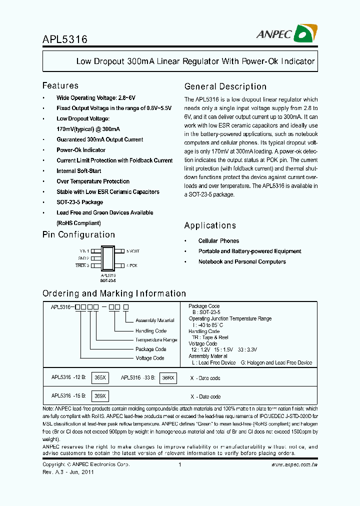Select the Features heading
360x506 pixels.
tap(60, 85)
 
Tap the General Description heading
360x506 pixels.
tap(225, 86)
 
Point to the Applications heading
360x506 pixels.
tap(210, 225)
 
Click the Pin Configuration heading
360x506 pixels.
tap(78, 234)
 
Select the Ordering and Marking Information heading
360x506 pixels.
tap(114, 293)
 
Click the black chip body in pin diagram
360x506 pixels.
tap(109, 258)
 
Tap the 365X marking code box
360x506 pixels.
tap(100, 378)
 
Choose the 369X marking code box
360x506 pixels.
tap(100, 396)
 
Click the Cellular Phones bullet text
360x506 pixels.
tap(218, 241)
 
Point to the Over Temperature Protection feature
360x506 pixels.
tap(93, 181)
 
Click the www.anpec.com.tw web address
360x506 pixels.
tap(294, 465)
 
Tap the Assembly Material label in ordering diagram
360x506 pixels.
tap(155, 320)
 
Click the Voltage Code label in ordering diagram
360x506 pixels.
tap(150, 358)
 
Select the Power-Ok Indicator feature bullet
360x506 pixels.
tap(81, 150)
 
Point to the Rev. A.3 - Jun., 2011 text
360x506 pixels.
tap(67, 471)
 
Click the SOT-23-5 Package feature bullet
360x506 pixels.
tap(80, 202)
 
